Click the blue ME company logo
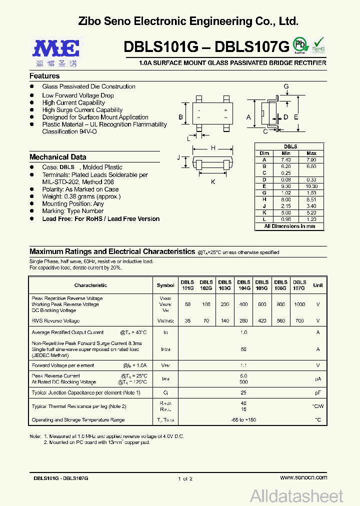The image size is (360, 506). click(x=56, y=48)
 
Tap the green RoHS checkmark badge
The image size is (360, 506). click(x=318, y=44)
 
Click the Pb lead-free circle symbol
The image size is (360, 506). click(x=300, y=44)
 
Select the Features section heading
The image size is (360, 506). click(x=44, y=76)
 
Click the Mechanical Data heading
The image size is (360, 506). click(x=57, y=157)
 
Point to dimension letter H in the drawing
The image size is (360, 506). click(x=213, y=148)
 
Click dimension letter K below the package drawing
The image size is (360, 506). click(x=213, y=182)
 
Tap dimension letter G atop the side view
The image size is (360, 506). click(x=286, y=86)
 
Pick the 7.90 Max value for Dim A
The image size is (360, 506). click(x=311, y=159)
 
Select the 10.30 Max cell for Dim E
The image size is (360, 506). click(x=311, y=186)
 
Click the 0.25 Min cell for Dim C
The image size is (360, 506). click(x=286, y=172)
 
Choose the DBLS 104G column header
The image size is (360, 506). click(x=243, y=285)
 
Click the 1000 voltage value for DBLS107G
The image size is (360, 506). click(x=299, y=304)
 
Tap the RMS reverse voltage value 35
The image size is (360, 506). click(x=187, y=321)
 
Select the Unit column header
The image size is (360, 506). click(x=317, y=285)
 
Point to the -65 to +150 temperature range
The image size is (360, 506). click(x=243, y=420)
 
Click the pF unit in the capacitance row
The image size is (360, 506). click(x=317, y=393)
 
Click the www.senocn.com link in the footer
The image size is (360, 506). click(x=303, y=478)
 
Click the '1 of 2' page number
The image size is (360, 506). click(x=184, y=478)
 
